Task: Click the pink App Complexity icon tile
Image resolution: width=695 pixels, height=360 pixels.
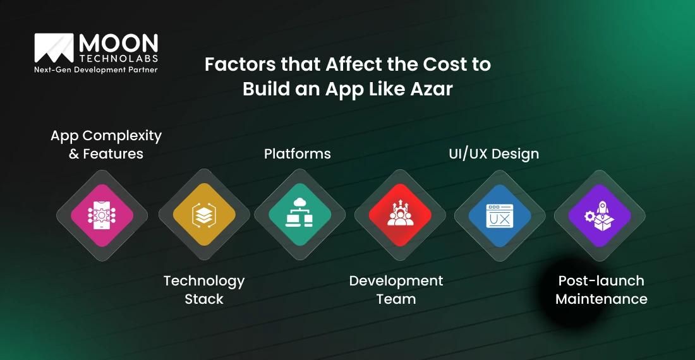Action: click(102, 215)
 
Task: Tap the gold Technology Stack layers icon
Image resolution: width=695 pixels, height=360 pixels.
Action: click(204, 215)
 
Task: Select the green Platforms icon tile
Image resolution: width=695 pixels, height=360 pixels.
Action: click(300, 215)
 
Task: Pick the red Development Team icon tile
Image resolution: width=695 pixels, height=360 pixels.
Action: click(400, 215)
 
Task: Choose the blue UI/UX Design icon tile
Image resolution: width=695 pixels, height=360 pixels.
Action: click(500, 215)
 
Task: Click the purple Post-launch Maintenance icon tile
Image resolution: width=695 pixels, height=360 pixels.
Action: click(600, 215)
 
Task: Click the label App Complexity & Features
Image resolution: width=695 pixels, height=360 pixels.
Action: click(106, 145)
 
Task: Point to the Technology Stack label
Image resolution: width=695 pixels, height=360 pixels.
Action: click(204, 289)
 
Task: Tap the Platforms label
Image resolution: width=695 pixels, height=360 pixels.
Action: click(298, 153)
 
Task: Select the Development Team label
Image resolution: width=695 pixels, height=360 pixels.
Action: click(396, 289)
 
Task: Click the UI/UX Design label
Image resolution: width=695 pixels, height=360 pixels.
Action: click(493, 153)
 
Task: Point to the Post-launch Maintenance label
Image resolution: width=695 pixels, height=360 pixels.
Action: click(601, 289)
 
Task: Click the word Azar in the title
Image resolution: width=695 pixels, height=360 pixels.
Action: click(432, 89)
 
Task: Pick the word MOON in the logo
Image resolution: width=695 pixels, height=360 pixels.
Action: click(119, 43)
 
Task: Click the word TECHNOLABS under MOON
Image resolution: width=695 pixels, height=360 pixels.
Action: click(119, 57)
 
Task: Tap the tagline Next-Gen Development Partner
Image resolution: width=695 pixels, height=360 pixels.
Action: click(95, 69)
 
